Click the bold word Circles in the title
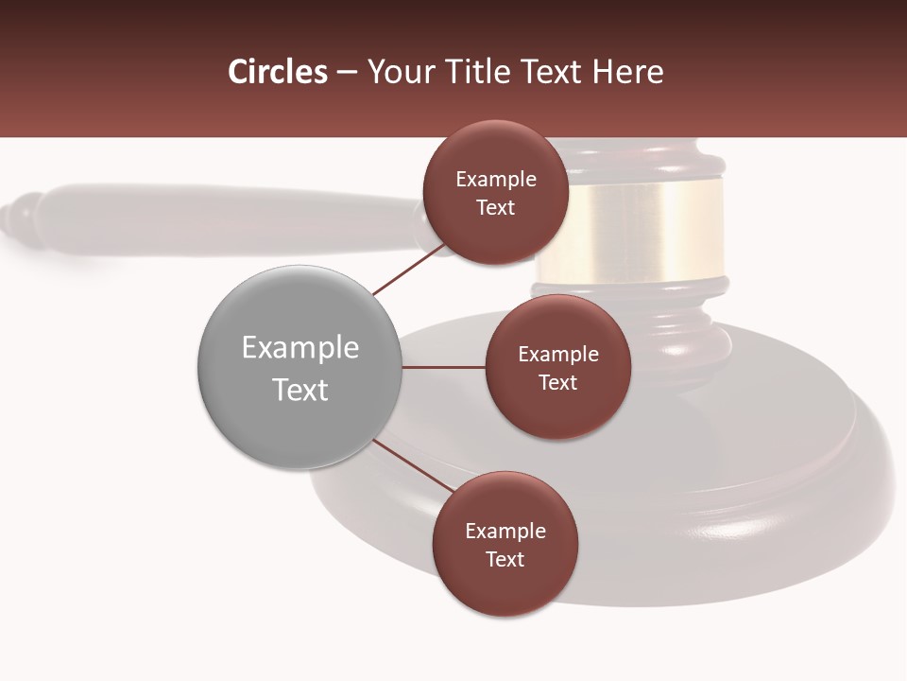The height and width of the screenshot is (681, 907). click(277, 72)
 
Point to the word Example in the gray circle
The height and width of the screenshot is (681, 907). click(300, 347)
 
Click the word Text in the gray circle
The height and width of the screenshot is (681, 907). click(300, 390)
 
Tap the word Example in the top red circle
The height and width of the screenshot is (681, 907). click(496, 180)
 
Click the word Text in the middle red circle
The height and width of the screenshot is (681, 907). click(557, 382)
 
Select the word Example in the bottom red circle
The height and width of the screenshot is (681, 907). click(505, 531)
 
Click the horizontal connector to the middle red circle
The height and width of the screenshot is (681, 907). click(443, 367)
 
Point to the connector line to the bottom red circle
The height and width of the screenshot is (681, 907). click(413, 465)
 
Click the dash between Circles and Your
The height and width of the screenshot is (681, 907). click(347, 72)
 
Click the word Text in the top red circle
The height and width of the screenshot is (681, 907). click(495, 208)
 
